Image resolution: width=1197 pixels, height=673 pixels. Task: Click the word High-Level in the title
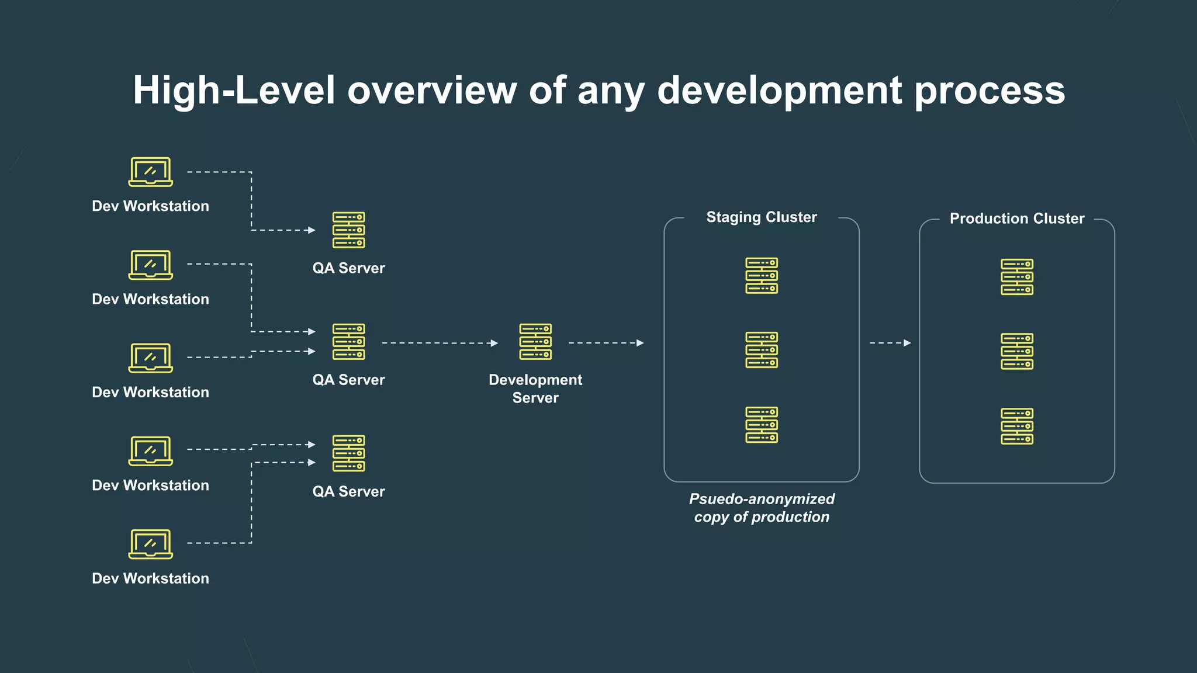point(234,91)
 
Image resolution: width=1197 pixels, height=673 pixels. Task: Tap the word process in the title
point(990,91)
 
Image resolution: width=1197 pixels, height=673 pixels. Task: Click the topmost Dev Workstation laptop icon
point(150,172)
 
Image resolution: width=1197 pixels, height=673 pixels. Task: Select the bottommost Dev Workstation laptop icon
point(150,544)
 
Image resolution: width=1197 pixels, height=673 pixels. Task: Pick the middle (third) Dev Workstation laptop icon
point(150,358)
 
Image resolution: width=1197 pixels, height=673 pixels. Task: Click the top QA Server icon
point(348,230)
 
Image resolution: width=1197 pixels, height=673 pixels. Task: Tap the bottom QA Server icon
point(348,453)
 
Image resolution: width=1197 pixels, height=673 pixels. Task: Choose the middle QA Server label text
point(348,380)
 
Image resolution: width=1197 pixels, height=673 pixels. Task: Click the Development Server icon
point(535,342)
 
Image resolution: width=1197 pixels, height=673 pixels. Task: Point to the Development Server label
point(535,388)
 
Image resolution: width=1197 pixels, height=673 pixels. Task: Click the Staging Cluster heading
point(761,217)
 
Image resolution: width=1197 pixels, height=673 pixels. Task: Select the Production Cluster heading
point(1016,218)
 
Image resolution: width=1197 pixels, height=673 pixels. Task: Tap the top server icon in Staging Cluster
point(761,276)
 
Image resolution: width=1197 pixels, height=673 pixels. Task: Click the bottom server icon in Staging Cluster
point(761,425)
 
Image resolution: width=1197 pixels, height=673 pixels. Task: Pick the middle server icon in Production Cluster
point(1016,351)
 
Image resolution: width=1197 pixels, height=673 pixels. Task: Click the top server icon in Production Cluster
point(1016,277)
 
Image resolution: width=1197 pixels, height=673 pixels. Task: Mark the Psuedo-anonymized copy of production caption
point(761,508)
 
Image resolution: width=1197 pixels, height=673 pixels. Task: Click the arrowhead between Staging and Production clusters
point(907,343)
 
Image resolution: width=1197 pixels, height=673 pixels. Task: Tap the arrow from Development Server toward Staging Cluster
point(606,343)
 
